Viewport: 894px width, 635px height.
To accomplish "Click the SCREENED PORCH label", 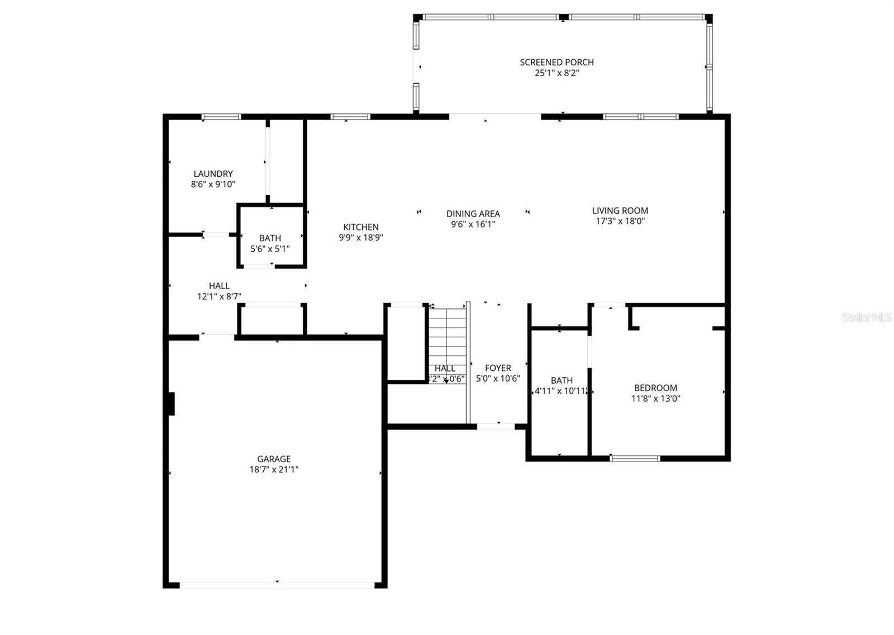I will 557,62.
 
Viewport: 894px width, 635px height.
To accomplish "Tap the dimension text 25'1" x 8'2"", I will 557,73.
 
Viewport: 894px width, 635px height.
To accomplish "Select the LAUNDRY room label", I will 213,174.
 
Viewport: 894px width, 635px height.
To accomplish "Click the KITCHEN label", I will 360,227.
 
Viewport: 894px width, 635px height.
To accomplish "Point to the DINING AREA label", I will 473,214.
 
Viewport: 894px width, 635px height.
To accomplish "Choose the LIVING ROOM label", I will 620,211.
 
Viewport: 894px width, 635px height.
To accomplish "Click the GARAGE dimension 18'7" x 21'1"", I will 274,469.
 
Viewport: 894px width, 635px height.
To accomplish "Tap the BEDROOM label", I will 655,388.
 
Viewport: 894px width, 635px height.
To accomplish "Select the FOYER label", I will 498,368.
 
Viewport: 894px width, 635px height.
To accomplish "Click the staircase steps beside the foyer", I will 447,336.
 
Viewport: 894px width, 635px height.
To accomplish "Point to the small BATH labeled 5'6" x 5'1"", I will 270,243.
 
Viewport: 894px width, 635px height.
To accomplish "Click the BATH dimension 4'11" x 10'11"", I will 561,391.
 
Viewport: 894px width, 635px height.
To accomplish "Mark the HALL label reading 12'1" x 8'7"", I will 219,291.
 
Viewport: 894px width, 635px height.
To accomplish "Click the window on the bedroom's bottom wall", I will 635,458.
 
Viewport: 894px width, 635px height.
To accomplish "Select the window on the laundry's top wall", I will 221,117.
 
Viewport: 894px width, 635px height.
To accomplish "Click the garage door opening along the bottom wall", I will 277,585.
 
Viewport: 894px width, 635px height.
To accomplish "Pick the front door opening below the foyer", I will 496,427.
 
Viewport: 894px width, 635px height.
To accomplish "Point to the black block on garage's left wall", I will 171,403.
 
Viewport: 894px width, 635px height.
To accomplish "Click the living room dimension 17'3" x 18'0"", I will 620,221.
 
